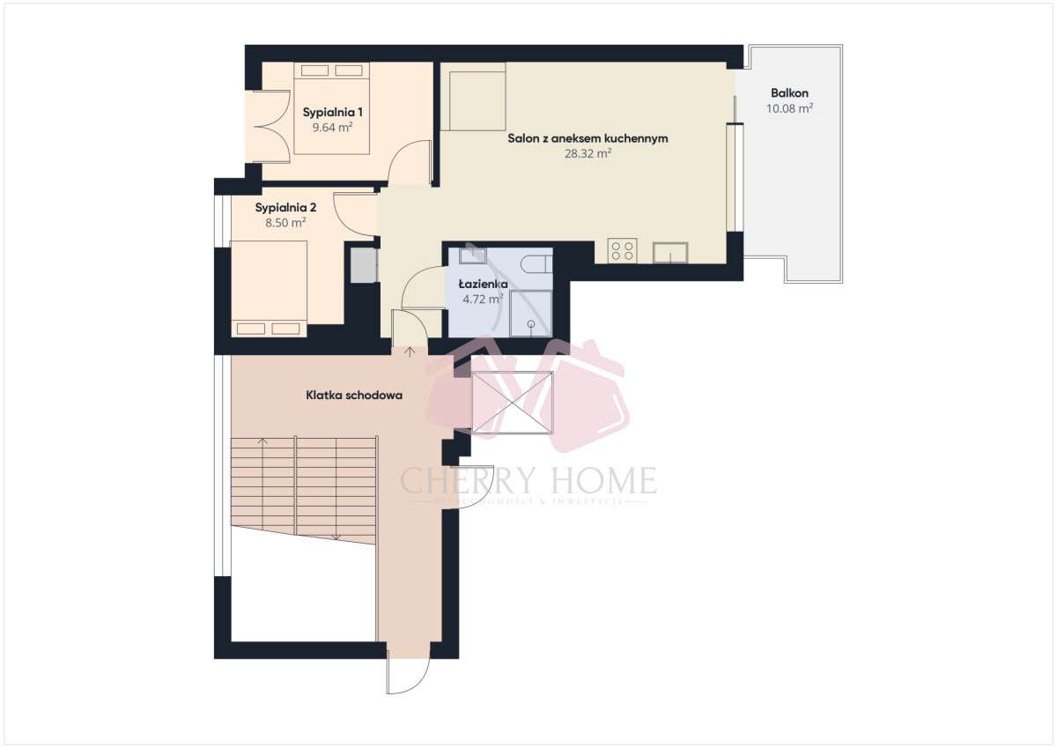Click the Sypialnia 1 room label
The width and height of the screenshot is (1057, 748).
(x=333, y=113)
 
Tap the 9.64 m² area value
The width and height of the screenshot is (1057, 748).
(x=333, y=128)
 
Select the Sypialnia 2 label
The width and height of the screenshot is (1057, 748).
(x=285, y=208)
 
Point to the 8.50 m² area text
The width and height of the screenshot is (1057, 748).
(x=285, y=223)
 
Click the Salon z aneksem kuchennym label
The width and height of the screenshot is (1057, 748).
(x=588, y=138)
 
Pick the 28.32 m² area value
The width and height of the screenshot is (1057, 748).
(x=588, y=153)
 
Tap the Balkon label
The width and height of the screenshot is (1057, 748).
(x=789, y=93)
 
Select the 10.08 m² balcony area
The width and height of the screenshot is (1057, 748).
(x=789, y=108)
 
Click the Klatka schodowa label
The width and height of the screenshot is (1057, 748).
(x=354, y=396)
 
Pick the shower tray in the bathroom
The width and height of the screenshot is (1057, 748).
(x=531, y=315)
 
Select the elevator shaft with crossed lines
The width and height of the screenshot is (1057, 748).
(x=513, y=403)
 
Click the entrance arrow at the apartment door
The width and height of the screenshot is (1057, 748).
(x=410, y=352)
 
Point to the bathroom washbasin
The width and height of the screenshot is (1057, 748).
(x=473, y=256)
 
